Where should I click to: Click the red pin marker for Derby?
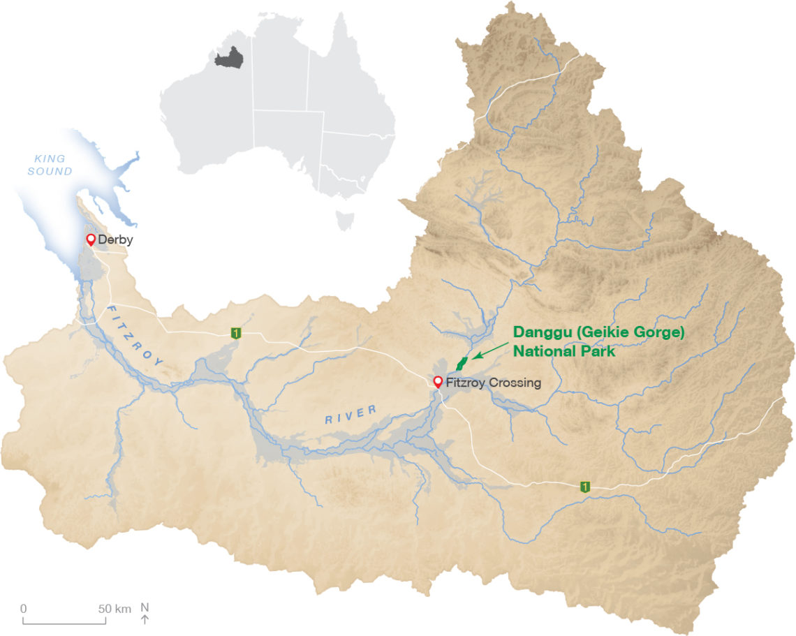[x=90, y=240]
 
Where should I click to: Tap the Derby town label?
[x=115, y=240]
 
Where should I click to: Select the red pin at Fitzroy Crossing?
[x=438, y=382]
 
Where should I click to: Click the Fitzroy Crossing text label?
[x=493, y=383]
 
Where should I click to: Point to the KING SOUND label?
[x=50, y=165]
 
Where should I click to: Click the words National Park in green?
[x=563, y=352]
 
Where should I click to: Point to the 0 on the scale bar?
[x=23, y=608]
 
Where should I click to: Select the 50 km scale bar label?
[x=115, y=608]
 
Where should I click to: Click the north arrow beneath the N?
[x=145, y=619]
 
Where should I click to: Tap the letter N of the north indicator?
[x=145, y=607]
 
